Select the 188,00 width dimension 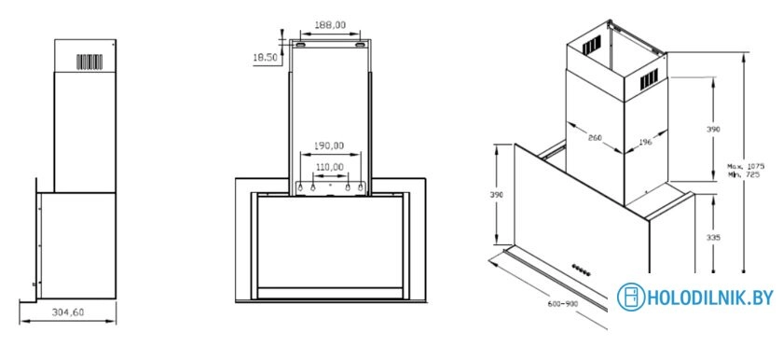[x=331, y=25]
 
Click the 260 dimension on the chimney [x=595, y=138]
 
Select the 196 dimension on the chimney [x=644, y=142]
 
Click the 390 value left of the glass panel [x=497, y=194]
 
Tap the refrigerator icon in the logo [x=633, y=298]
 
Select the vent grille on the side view [x=89, y=62]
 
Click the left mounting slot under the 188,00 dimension [x=304, y=43]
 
